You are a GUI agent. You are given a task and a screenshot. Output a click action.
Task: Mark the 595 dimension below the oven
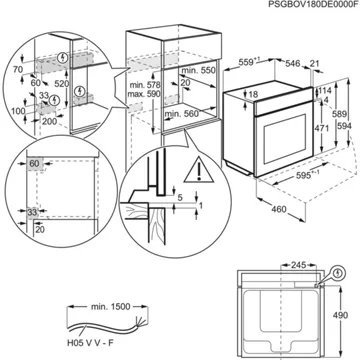[x=263, y=200]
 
